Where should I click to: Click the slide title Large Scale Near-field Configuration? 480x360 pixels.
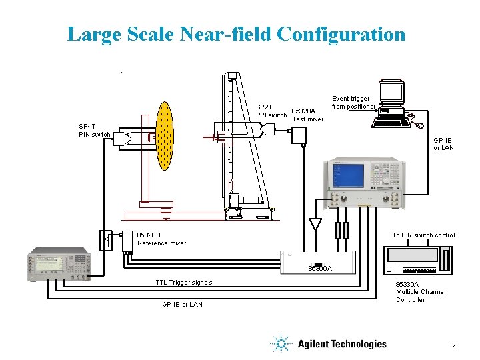pos(236,34)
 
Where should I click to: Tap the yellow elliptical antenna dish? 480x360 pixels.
pos(164,137)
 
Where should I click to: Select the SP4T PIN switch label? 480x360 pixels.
pos(94,130)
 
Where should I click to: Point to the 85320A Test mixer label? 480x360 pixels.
pos(307,115)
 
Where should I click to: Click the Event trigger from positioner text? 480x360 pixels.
pos(353,103)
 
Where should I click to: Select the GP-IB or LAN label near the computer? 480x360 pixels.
pos(443,144)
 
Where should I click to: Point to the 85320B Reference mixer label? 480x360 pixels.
pos(161,239)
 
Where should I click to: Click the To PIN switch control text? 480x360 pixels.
pos(423,235)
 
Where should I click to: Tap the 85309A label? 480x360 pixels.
pos(319,268)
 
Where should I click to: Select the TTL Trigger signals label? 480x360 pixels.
pos(183,283)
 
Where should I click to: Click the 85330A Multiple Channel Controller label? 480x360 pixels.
pos(421,292)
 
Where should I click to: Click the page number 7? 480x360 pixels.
pos(453,345)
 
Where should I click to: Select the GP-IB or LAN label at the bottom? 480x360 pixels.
pos(182,305)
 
